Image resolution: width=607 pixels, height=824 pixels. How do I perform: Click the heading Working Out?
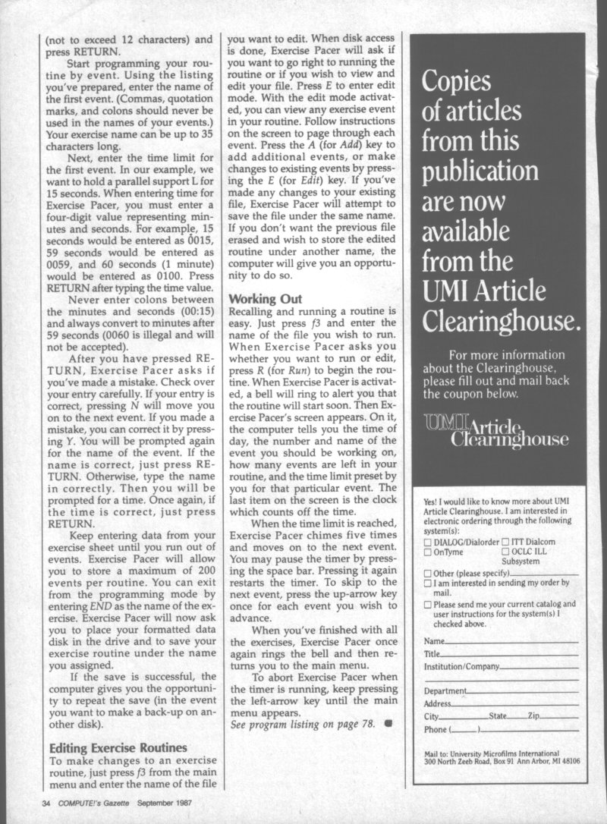(x=265, y=299)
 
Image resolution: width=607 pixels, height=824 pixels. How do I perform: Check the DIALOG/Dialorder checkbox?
(x=428, y=543)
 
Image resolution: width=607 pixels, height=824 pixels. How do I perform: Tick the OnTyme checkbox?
(x=428, y=552)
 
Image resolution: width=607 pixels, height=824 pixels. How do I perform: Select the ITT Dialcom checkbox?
(x=506, y=543)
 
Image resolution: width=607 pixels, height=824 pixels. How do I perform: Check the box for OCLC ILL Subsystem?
(x=506, y=552)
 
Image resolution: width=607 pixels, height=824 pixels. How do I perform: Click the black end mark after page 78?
(x=388, y=723)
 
